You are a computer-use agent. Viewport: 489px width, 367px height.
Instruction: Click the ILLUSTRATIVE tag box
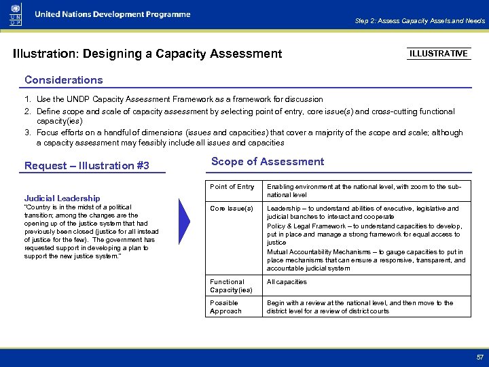coord(439,54)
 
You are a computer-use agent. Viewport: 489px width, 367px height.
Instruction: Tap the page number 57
coord(479,357)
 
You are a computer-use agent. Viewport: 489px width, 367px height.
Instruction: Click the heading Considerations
coord(63,80)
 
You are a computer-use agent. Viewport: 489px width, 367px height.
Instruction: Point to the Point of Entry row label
coord(232,187)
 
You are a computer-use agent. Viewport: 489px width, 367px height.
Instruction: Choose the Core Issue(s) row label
coord(231,209)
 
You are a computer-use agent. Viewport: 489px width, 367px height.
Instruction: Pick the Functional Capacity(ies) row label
coord(231,285)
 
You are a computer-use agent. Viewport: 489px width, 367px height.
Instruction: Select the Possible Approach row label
coord(225,307)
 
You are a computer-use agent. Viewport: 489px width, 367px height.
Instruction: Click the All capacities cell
coord(287,282)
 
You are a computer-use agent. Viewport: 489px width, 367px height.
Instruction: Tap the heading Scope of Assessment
coord(268,162)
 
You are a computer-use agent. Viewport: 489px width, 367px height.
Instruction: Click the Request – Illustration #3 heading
coord(86,166)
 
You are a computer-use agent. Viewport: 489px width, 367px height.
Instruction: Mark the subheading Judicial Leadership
coord(62,198)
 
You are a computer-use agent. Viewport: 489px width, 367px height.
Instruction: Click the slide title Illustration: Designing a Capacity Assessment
coord(147,53)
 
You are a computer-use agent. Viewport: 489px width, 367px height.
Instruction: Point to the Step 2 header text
coord(420,21)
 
